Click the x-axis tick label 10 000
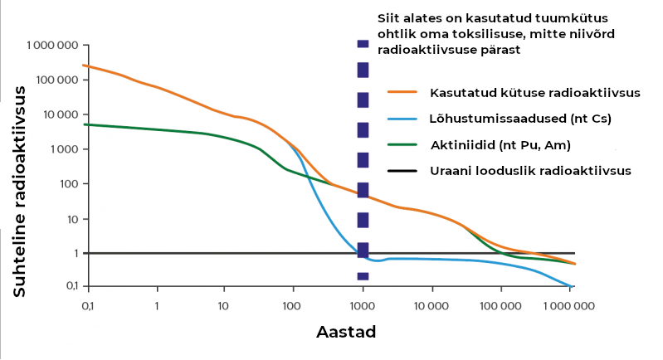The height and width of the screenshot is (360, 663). coord(431,306)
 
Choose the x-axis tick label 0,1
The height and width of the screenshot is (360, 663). coord(88,306)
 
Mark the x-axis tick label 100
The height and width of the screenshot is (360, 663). coord(290,306)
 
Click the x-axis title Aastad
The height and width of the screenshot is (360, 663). coord(347,333)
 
